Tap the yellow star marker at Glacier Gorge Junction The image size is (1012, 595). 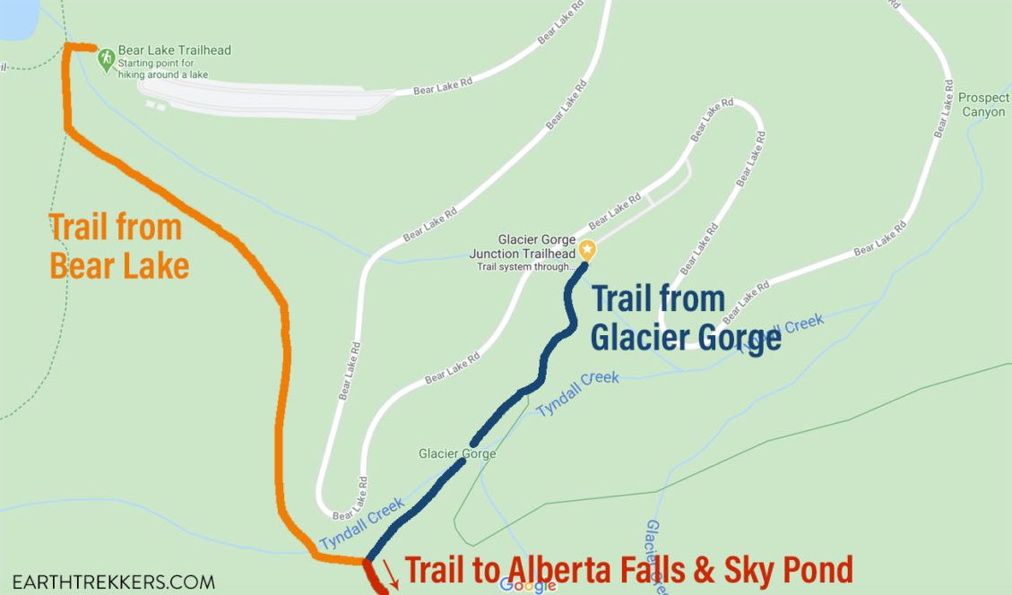(x=587, y=248)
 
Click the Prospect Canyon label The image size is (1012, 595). (x=983, y=105)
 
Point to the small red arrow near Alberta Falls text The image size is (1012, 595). (x=392, y=571)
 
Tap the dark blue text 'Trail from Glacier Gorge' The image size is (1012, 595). (x=685, y=318)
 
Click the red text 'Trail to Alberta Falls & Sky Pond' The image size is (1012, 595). (x=627, y=570)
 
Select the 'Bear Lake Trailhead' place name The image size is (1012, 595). (x=176, y=50)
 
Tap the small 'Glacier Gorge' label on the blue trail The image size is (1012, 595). (x=456, y=454)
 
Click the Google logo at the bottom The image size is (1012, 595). (x=528, y=585)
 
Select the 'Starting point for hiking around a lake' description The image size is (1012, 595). (x=161, y=69)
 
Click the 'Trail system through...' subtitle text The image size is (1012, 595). (x=525, y=266)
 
